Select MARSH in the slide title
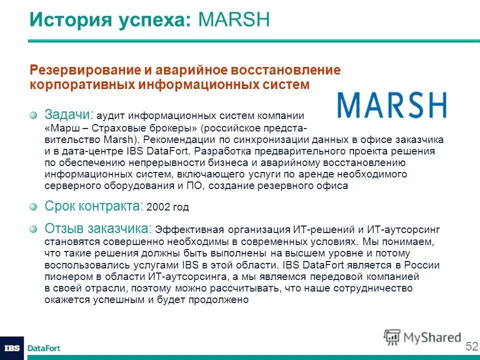click(234, 20)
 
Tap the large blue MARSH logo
click(391, 104)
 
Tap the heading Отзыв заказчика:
click(98, 228)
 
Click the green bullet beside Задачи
click(33, 115)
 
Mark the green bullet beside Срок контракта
click(33, 206)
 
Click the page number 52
click(471, 346)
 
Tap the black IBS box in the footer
click(12, 348)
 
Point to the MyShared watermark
click(422, 337)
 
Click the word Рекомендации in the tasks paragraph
click(180, 139)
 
